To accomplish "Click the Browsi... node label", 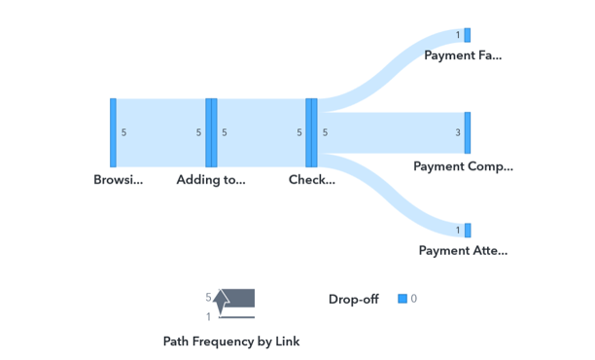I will pos(118,180).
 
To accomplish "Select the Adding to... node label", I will pos(210,180).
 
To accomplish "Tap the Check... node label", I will pos(311,180).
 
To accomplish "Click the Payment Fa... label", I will pos(463,55).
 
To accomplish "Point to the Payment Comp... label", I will pos(463,166).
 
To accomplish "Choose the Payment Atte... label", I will pos(463,250).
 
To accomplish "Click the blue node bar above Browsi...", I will pos(113,132).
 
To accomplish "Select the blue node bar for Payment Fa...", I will pos(468,35).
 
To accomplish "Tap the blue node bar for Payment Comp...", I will pos(468,132).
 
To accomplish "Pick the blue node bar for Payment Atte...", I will pos(468,231).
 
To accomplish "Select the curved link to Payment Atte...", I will pos(389,204).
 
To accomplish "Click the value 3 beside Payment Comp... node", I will pos(458,133).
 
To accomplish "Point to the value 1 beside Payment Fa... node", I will pos(458,36).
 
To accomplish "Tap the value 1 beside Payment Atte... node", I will pos(458,231).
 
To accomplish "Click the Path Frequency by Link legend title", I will pos(231,342).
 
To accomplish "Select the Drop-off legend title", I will pos(353,300).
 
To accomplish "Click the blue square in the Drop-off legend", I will pos(402,299).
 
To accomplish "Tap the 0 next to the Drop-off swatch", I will pos(414,299).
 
